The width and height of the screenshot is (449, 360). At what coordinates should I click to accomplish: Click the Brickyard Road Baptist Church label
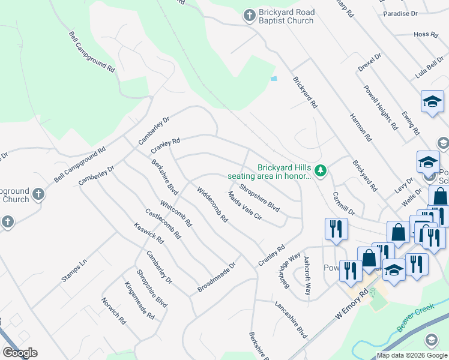286,16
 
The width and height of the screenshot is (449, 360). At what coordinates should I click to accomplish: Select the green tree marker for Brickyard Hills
321,172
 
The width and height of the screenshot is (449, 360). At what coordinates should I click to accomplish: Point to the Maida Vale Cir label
245,206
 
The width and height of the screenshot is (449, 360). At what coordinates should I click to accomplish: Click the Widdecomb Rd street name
212,204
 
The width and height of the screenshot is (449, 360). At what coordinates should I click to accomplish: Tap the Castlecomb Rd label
163,223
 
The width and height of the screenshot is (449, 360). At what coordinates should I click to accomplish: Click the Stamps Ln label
74,271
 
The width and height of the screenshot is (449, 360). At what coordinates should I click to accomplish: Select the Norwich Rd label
113,311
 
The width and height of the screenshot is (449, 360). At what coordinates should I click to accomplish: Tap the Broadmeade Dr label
215,278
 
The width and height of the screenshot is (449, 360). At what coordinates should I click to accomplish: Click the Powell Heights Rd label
380,107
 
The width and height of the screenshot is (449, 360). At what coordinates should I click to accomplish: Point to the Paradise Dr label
400,13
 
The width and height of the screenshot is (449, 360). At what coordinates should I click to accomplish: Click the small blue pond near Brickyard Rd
274,79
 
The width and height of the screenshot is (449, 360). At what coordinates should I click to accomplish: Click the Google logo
20,353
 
